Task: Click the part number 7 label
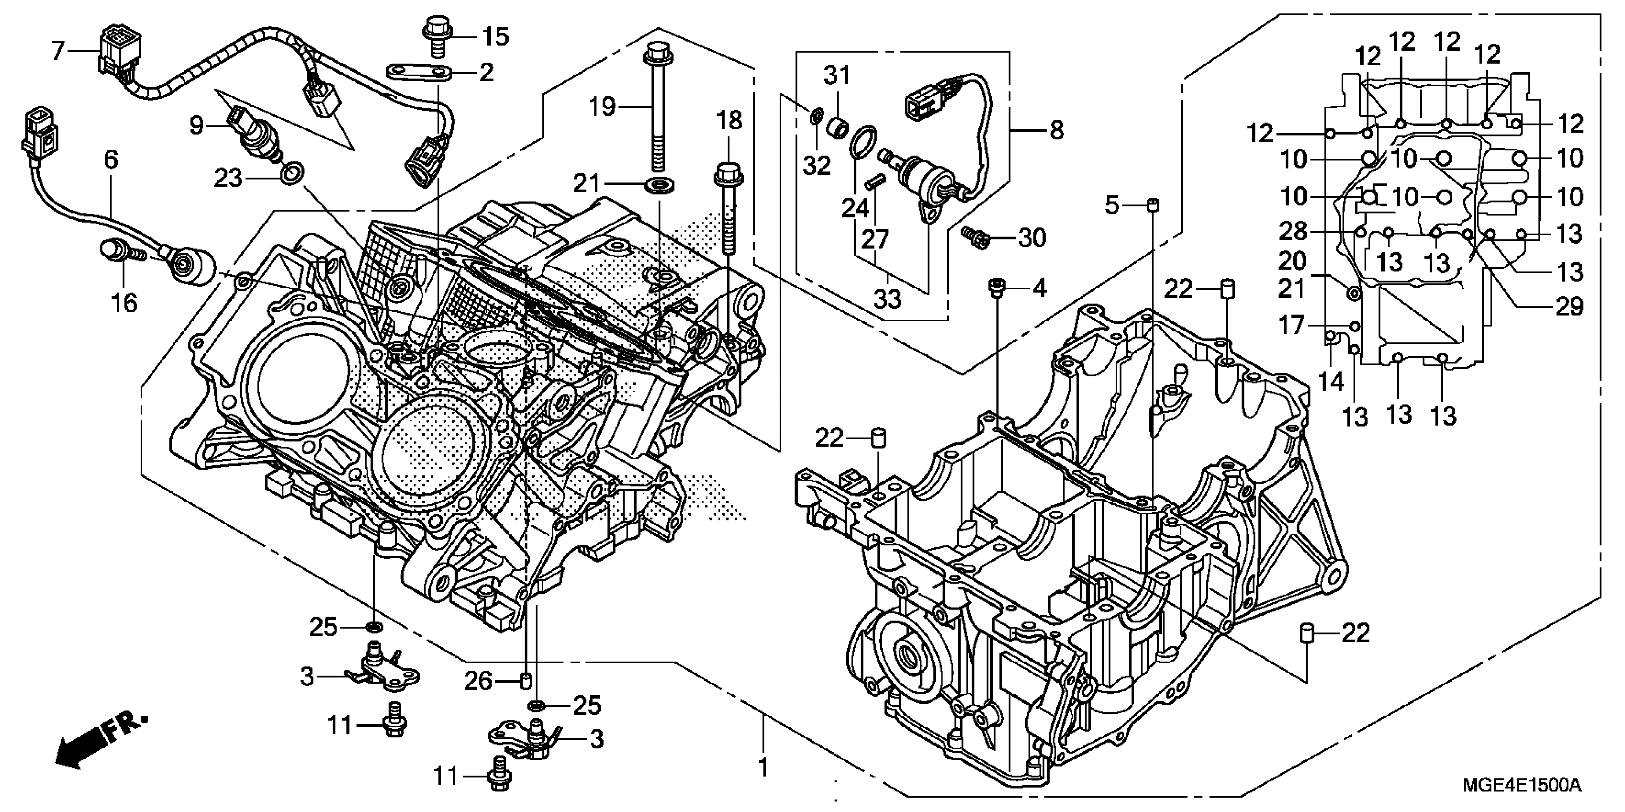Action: [x=58, y=51]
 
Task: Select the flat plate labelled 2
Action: [x=422, y=73]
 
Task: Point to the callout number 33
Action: [x=888, y=299]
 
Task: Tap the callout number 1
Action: [x=763, y=768]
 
